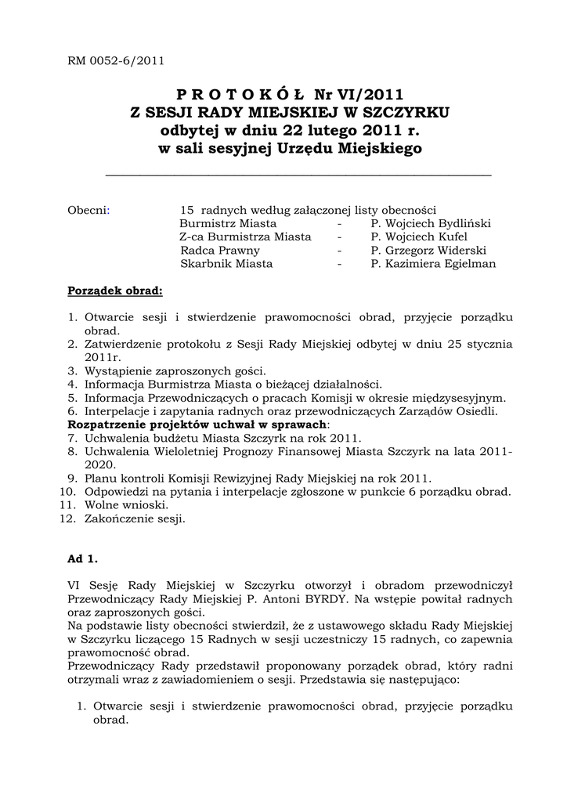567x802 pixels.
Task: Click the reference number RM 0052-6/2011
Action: [115, 60]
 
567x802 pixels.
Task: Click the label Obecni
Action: [88, 210]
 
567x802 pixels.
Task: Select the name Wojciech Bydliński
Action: [437, 223]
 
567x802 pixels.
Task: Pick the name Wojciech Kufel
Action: [424, 237]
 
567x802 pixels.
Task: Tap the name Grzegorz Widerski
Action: [435, 251]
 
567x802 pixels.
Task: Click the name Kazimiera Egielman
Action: [439, 264]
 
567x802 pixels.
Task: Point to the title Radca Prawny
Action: [220, 251]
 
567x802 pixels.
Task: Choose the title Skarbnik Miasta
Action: [226, 264]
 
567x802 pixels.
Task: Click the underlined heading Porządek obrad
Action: [115, 291]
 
